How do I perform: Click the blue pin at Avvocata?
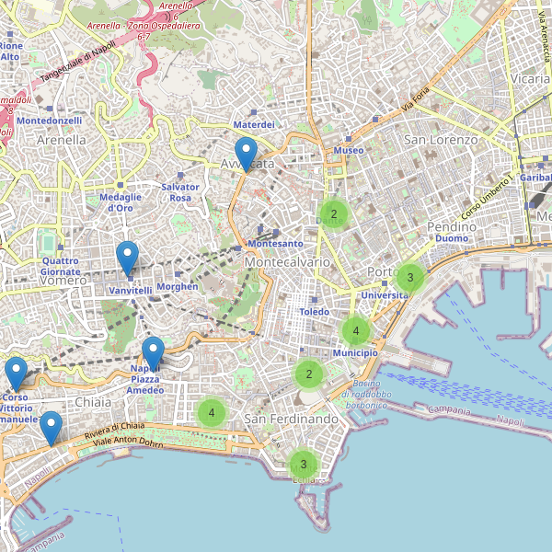(x=246, y=153)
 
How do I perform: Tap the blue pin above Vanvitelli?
(x=128, y=258)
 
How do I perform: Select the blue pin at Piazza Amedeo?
(x=153, y=353)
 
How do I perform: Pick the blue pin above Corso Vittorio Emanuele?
(x=16, y=374)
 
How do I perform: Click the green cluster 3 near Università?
(x=410, y=277)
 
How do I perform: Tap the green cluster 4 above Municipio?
(x=355, y=330)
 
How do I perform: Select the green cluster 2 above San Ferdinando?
(x=309, y=374)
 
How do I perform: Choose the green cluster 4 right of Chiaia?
(x=212, y=412)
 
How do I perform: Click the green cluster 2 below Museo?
(x=334, y=214)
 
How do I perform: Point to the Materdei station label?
(x=255, y=124)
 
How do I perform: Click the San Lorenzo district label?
(x=442, y=140)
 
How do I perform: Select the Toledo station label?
(x=314, y=312)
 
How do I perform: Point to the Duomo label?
(x=452, y=239)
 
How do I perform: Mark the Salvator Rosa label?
(x=179, y=191)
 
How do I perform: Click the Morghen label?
(x=178, y=286)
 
